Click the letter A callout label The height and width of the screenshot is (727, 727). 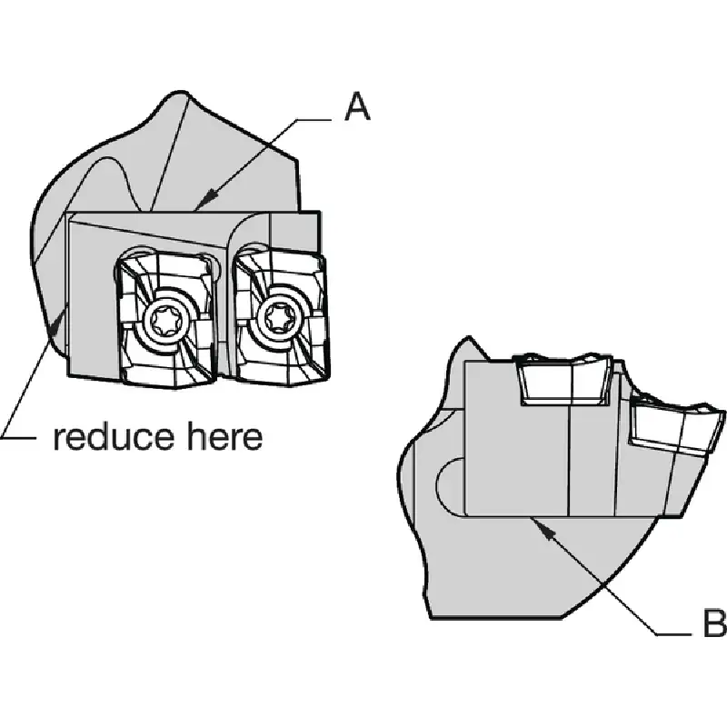357,106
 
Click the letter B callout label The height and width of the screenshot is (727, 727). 714,622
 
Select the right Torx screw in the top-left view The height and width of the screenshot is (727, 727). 278,317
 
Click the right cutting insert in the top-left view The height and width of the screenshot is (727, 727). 282,317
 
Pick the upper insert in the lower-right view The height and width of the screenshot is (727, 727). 563,379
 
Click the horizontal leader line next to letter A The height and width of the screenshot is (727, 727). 314,120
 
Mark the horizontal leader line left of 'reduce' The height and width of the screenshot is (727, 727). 17,437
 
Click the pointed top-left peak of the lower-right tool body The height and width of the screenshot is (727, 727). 469,337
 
